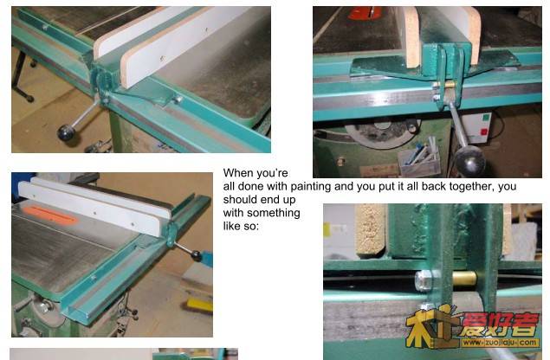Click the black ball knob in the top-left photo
coord(67,132)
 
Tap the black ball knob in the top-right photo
coord(470,161)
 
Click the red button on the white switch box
coord(483,132)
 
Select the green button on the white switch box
coord(486,117)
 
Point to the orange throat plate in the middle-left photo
coord(50,215)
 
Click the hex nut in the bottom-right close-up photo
coord(423,280)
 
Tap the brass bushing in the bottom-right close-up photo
coord(464,279)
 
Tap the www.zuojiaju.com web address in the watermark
coord(500,343)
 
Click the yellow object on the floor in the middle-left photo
coord(199,305)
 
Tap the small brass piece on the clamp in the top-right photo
coord(450,84)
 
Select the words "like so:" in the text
coord(241,226)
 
